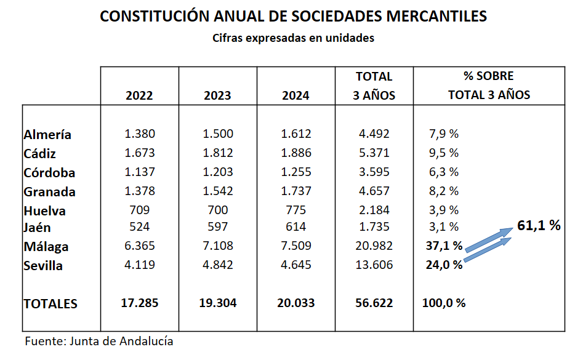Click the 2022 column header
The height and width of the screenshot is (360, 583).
pos(139,95)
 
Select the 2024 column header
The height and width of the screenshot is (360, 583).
pos(296,95)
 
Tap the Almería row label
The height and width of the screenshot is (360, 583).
pos(47,134)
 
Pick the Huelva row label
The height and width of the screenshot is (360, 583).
pos(45,210)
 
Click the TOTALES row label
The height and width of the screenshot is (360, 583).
pos(50,303)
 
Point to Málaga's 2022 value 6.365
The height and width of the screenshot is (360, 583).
pos(139,246)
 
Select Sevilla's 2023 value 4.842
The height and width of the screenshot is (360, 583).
pos(218,266)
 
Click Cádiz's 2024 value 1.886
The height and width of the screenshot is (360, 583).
pos(296,153)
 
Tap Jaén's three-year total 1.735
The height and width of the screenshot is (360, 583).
pos(374,227)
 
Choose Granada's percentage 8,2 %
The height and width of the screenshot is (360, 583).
pos(443,191)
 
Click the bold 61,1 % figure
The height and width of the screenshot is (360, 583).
pos(539,225)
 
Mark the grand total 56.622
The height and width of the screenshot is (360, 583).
pos(374,303)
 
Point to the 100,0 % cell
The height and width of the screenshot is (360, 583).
pos(444,303)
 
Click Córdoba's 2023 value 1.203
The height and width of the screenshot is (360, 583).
pos(218,172)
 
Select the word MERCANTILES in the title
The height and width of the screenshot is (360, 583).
pos(430,17)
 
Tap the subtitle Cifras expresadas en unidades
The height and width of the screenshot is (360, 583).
pos(293,38)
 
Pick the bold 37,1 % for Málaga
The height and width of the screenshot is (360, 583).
pos(443,246)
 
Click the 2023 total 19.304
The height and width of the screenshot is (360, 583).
pos(218,303)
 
